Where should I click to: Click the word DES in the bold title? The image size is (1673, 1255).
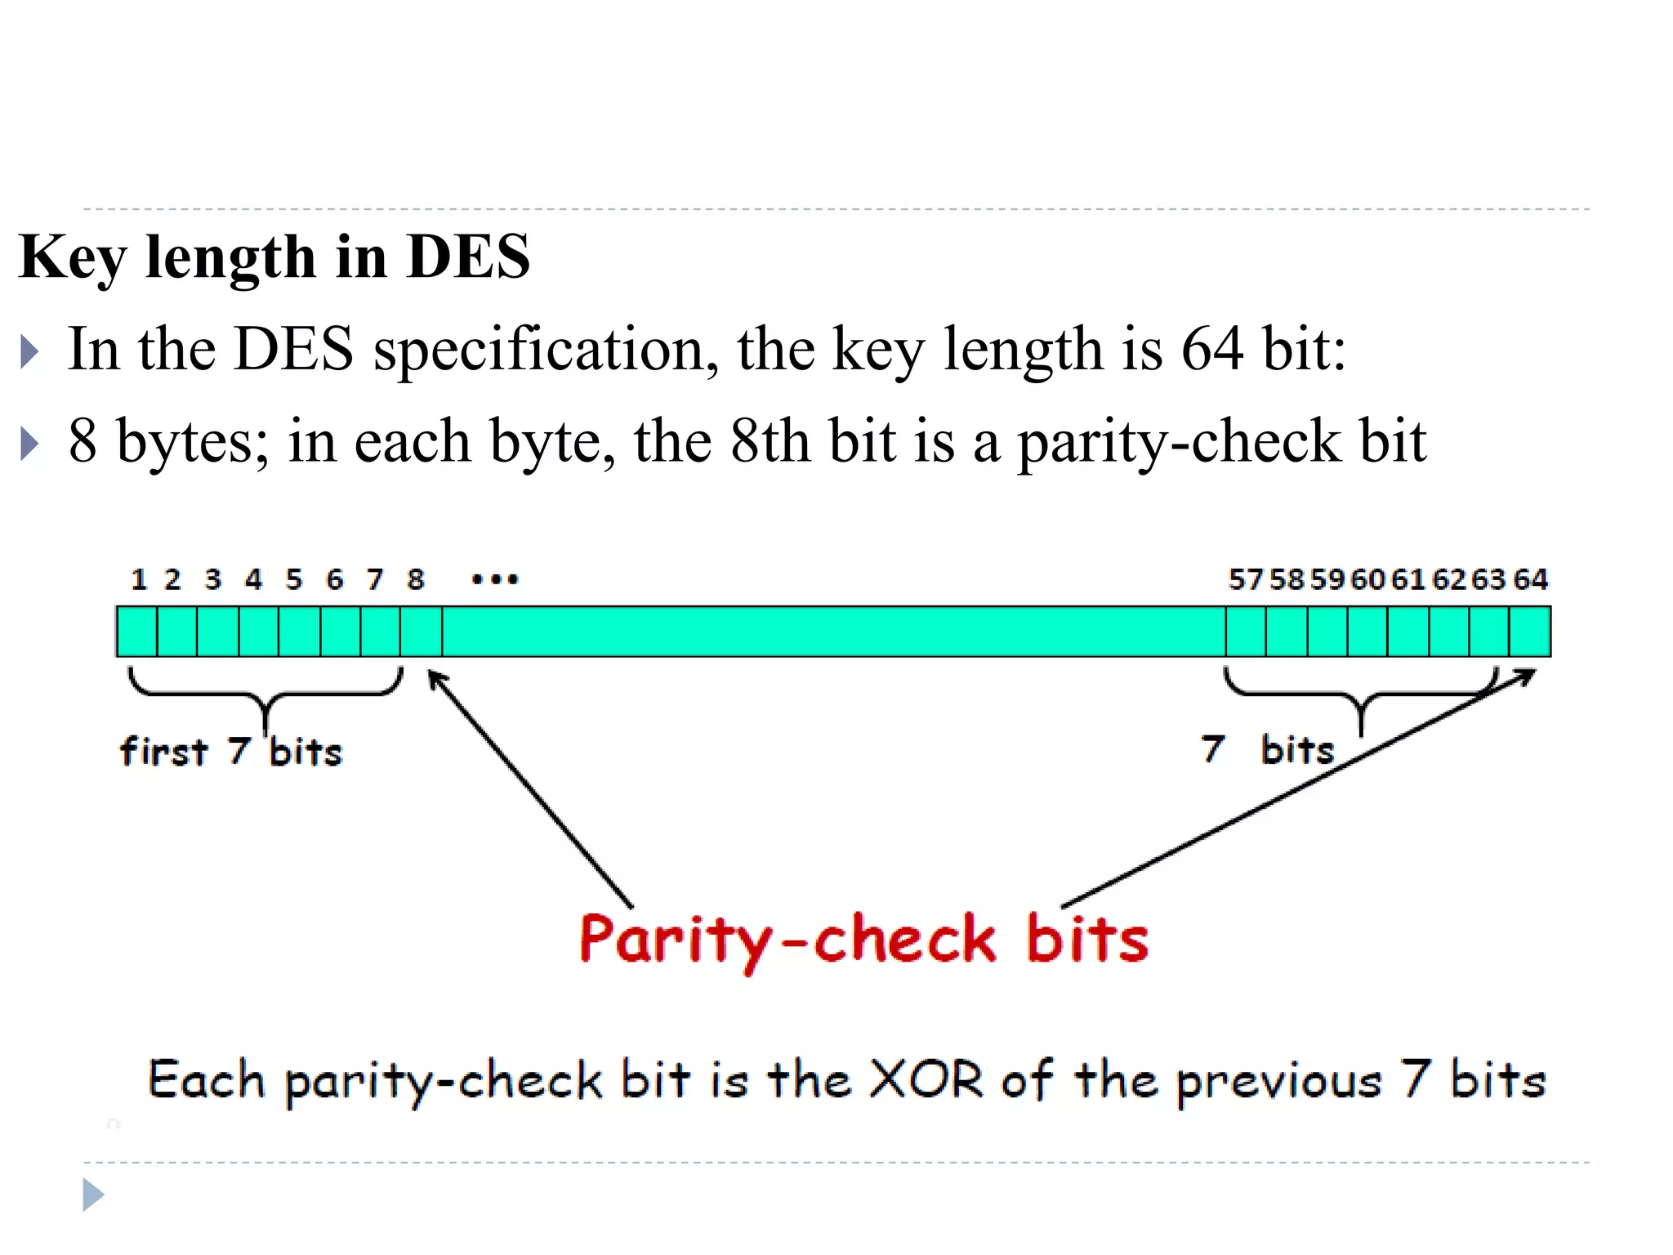[468, 257]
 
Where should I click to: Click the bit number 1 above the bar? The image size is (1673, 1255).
[139, 579]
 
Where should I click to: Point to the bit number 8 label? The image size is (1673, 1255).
[416, 579]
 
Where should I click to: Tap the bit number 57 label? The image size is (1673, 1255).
[1246, 579]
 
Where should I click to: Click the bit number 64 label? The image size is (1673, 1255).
[1530, 579]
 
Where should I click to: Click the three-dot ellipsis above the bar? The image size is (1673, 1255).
[495, 580]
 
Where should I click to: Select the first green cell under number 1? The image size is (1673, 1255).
[137, 632]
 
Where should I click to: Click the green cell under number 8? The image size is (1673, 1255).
[422, 632]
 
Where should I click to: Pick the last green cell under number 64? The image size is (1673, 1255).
[1530, 632]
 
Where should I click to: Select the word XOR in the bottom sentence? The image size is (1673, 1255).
[926, 1080]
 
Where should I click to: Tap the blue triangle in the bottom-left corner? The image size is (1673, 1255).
[93, 1195]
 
